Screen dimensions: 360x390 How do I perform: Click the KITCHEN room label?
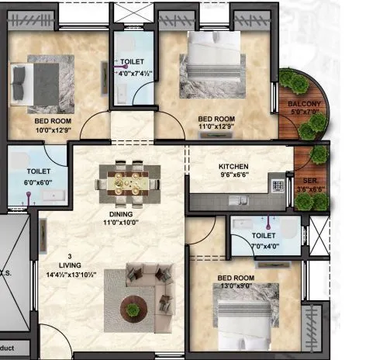(233, 167)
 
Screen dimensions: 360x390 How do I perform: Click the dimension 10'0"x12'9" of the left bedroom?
(52, 130)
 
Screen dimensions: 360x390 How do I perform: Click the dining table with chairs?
(123, 182)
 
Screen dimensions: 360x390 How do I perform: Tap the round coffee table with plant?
(134, 310)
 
